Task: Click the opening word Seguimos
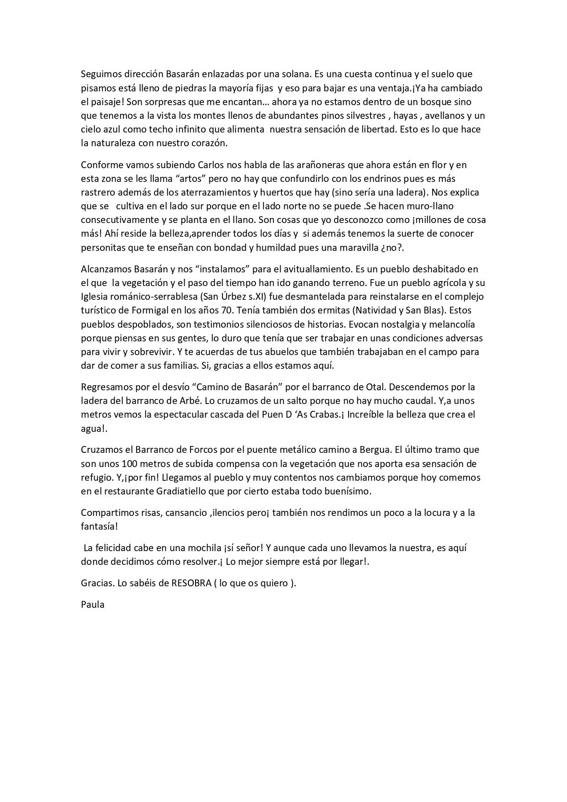(99, 74)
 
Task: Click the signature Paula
(93, 605)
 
